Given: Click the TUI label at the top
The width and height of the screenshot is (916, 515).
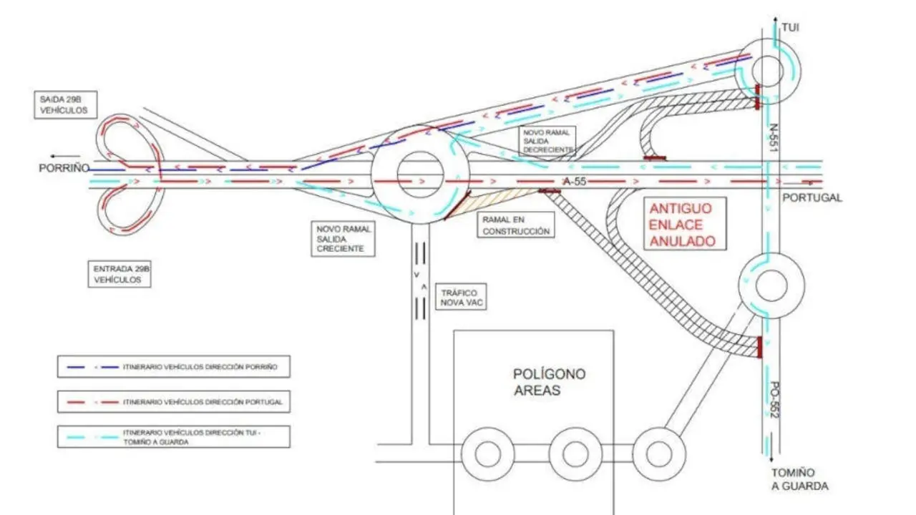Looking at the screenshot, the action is click(791, 27).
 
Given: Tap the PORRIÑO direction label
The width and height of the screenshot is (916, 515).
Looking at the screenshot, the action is click(64, 168).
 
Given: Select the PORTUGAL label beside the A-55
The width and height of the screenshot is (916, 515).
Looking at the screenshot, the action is click(812, 198).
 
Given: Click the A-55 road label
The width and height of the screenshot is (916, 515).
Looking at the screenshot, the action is click(575, 182).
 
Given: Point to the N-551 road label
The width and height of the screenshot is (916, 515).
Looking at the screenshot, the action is click(772, 138).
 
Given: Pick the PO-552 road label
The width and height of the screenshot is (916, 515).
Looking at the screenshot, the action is click(775, 400).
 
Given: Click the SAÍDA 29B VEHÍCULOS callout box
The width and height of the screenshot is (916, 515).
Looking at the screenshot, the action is click(65, 105).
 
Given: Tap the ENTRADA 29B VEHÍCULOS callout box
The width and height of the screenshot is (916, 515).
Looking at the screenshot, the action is click(120, 274).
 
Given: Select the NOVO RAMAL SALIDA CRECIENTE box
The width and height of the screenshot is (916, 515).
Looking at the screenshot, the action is click(343, 239).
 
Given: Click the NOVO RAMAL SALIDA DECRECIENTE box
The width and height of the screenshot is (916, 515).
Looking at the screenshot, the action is click(547, 141).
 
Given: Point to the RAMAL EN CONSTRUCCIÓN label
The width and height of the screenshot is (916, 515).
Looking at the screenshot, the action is click(516, 225).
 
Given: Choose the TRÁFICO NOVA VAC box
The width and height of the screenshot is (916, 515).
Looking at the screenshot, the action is click(461, 297).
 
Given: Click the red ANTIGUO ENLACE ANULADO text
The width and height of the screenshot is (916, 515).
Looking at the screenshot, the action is click(683, 225).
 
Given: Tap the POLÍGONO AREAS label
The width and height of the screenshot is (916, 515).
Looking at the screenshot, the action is click(549, 382).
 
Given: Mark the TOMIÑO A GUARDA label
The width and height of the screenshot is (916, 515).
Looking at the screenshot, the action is click(799, 479).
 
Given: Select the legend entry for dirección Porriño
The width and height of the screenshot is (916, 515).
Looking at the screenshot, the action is click(174, 367).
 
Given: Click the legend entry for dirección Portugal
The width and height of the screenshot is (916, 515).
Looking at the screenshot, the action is click(174, 402).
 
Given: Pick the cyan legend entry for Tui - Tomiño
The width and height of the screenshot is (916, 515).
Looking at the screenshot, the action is click(174, 437).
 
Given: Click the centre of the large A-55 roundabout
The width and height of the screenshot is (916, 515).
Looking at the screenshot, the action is click(420, 175).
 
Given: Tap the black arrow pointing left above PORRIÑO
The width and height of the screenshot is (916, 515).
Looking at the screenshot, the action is click(65, 156).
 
